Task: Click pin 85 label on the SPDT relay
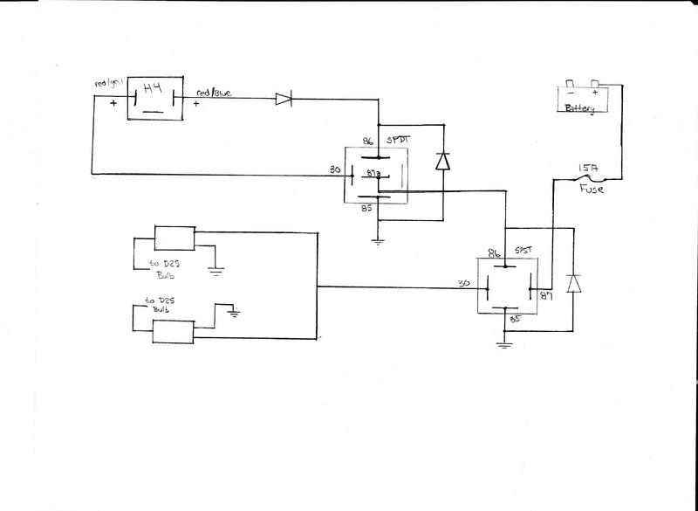click(366, 209)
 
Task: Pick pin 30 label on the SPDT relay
click(335, 169)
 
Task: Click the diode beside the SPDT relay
click(442, 162)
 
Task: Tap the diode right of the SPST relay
click(573, 285)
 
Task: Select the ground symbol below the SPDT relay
click(378, 239)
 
